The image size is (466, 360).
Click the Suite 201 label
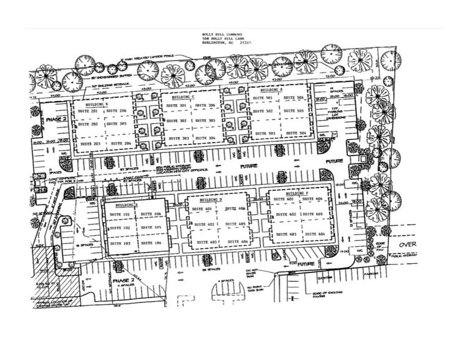(90, 111)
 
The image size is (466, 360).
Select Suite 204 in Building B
(122, 143)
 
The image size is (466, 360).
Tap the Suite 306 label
(208, 106)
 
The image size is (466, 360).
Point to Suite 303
(179, 138)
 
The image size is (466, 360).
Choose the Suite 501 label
(265, 98)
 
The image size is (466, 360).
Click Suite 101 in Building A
(119, 215)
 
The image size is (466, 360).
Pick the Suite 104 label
(150, 243)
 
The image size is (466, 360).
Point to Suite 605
(314, 214)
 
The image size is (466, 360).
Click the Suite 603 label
(285, 234)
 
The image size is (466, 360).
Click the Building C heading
(183, 97)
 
